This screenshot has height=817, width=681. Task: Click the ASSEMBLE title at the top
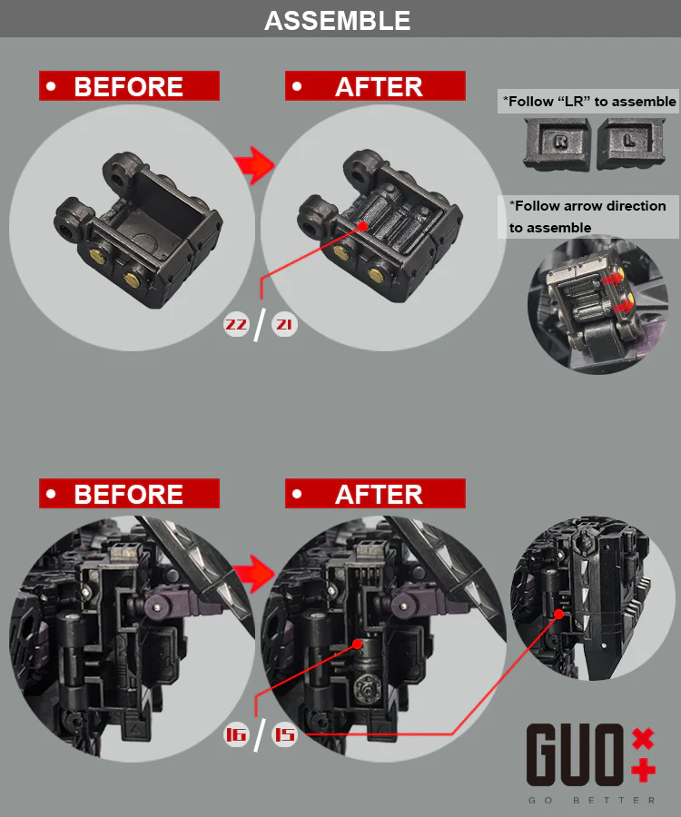pos(337,21)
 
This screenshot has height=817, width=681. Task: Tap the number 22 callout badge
pos(236,325)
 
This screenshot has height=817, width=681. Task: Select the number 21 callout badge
pos(284,325)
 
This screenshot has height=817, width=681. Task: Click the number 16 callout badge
pos(236,734)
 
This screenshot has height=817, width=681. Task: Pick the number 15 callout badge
pos(284,734)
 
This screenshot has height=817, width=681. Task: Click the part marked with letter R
pos(558,143)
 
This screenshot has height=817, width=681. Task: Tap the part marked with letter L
pos(631,143)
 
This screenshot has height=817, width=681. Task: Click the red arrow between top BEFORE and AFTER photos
pos(255,166)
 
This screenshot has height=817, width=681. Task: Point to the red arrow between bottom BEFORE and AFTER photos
pos(255,574)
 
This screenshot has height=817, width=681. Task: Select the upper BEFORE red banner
pos(129,86)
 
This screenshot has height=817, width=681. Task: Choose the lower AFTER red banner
pos(375,494)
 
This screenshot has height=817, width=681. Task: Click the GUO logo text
pos(575,755)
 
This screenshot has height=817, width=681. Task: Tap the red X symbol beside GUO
pos(643,738)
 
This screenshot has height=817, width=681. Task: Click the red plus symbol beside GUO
pos(643,770)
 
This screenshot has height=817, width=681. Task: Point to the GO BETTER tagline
pos(591,801)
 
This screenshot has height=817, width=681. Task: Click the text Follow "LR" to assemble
pos(589,101)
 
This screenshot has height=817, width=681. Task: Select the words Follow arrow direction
pos(587,206)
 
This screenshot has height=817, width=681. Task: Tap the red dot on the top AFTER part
pos(363,226)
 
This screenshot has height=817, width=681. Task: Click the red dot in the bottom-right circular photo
pos(559,614)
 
